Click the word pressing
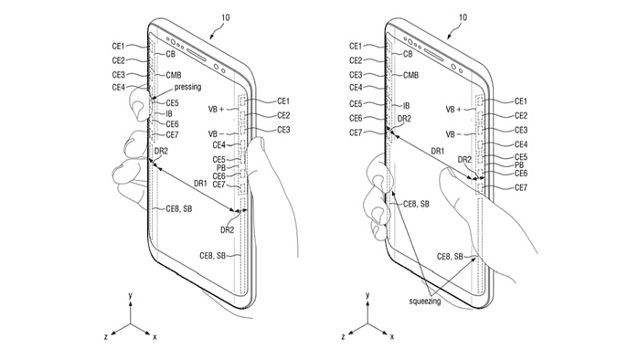pos(187,87)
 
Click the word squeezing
pos(425,302)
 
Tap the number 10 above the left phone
pos(226,17)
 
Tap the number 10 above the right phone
pos(463,17)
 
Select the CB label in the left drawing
pos(170,54)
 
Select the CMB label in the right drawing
pos(410,75)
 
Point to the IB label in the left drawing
pos(169,114)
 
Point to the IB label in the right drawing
pos(406,106)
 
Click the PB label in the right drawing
pos(519,165)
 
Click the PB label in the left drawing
pos(221,168)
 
